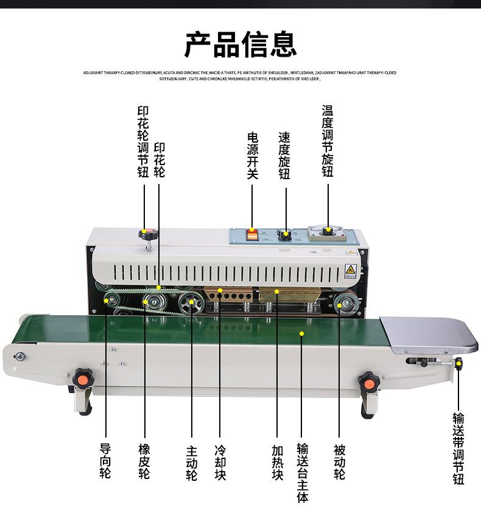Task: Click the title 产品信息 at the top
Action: pyautogui.click(x=240, y=44)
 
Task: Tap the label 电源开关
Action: pyautogui.click(x=253, y=156)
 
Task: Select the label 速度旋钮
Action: pyautogui.click(x=284, y=156)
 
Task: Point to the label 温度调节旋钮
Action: pyautogui.click(x=328, y=141)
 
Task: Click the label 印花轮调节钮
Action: pyautogui.click(x=143, y=142)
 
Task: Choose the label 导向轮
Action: pyautogui.click(x=105, y=461)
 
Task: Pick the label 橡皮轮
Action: pyautogui.click(x=144, y=461)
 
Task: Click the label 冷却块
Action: pyautogui.click(x=220, y=462)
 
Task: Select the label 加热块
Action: pyautogui.click(x=278, y=462)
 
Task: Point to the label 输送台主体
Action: pyautogui.click(x=303, y=472)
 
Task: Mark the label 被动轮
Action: pyautogui.click(x=340, y=461)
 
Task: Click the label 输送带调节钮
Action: pyautogui.click(x=458, y=449)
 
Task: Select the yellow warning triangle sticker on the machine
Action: pyautogui.click(x=350, y=269)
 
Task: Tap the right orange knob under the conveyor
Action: pyautogui.click(x=368, y=383)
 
